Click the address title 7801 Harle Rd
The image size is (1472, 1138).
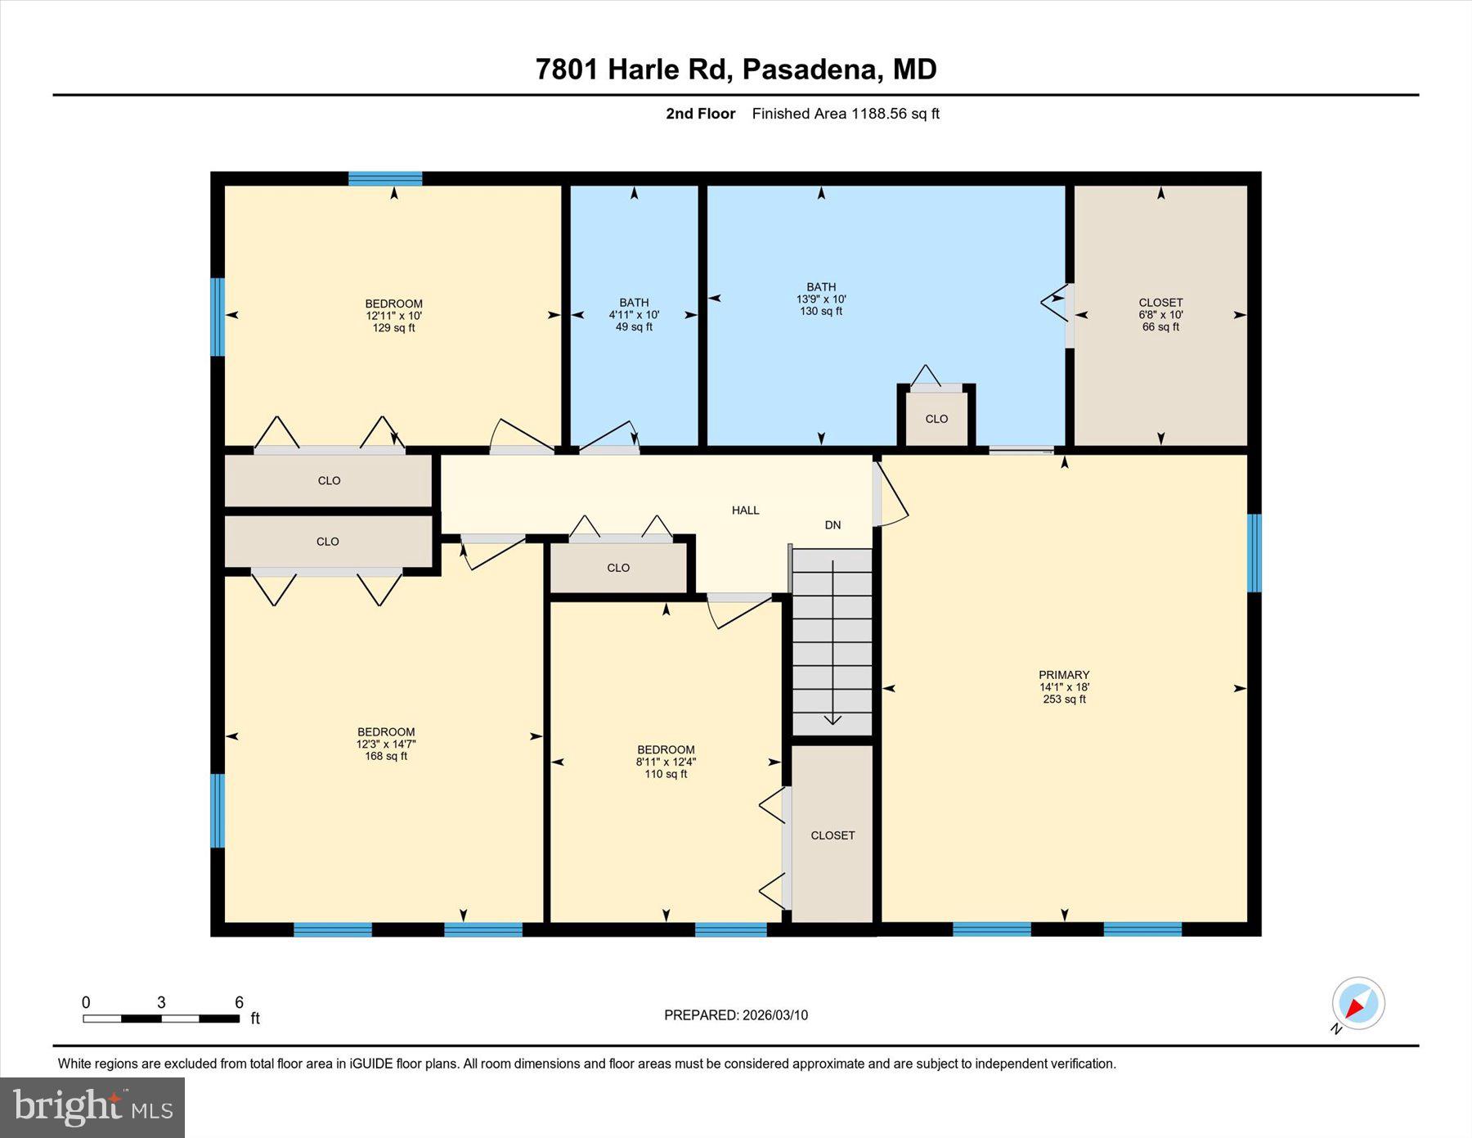click(735, 69)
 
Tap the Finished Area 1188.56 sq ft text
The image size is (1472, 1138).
click(845, 114)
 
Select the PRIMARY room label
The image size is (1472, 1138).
click(1064, 675)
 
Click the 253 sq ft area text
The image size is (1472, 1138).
click(1064, 699)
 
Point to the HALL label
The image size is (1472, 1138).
click(745, 511)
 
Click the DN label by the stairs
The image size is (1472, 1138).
click(832, 525)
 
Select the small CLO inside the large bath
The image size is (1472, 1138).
click(936, 419)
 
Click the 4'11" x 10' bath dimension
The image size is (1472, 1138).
click(634, 315)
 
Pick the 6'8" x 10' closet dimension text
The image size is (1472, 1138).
click(1160, 315)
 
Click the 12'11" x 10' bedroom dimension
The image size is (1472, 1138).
click(393, 316)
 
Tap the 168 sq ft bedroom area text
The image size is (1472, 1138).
click(386, 757)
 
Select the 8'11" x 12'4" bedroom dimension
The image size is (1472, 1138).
click(666, 762)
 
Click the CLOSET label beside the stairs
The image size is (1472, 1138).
click(832, 835)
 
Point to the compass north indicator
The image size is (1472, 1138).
click(1358, 1003)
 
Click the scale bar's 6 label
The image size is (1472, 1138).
click(239, 1002)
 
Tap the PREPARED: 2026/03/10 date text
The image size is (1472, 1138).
click(735, 1015)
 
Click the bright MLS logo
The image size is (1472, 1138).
click(92, 1108)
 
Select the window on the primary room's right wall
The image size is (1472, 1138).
click(1254, 552)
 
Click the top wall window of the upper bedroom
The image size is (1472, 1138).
click(385, 178)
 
